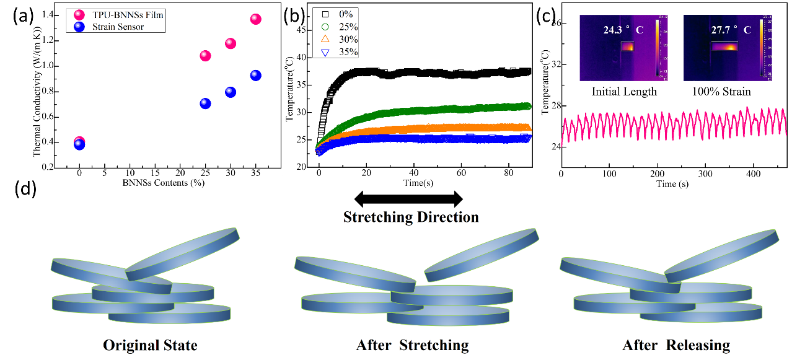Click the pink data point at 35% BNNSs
(x=255, y=19)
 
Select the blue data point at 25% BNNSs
(x=205, y=103)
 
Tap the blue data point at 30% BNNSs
(x=231, y=92)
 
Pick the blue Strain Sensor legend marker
(x=79, y=26)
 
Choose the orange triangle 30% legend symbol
(x=325, y=39)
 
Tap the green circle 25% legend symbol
(x=325, y=26)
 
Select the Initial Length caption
(x=624, y=91)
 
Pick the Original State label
(x=150, y=345)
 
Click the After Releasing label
(x=676, y=345)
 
